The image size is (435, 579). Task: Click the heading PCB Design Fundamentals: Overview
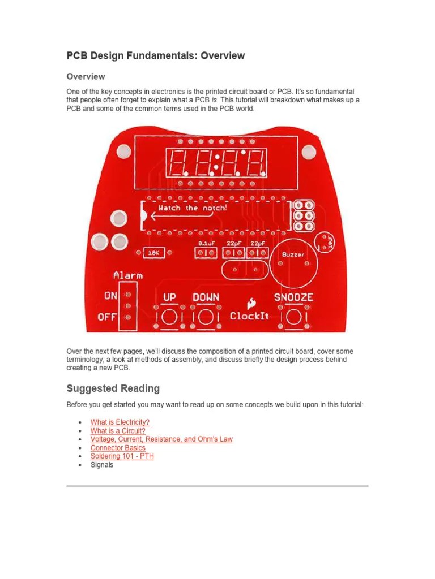[x=156, y=55]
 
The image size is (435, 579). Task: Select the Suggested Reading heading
[x=113, y=388]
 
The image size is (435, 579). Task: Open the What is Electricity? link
[x=120, y=422]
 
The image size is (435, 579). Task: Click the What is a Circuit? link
[x=118, y=431]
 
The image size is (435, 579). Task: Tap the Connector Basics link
[x=118, y=448]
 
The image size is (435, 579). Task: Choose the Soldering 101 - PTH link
[x=122, y=456]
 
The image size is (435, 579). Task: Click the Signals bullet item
[x=102, y=465]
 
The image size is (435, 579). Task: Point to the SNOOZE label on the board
[x=293, y=297]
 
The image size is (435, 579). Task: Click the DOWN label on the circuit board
[x=206, y=297]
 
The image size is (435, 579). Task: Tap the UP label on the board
[x=170, y=297]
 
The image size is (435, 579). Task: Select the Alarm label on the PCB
[x=128, y=276]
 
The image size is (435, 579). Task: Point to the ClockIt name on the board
[x=249, y=316]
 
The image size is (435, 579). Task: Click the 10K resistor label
[x=153, y=254]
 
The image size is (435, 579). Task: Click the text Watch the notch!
[x=193, y=208]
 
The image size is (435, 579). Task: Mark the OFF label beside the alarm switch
[x=106, y=317]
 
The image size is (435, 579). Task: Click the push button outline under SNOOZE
[x=293, y=318]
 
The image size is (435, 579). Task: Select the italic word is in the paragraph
[x=215, y=100]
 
